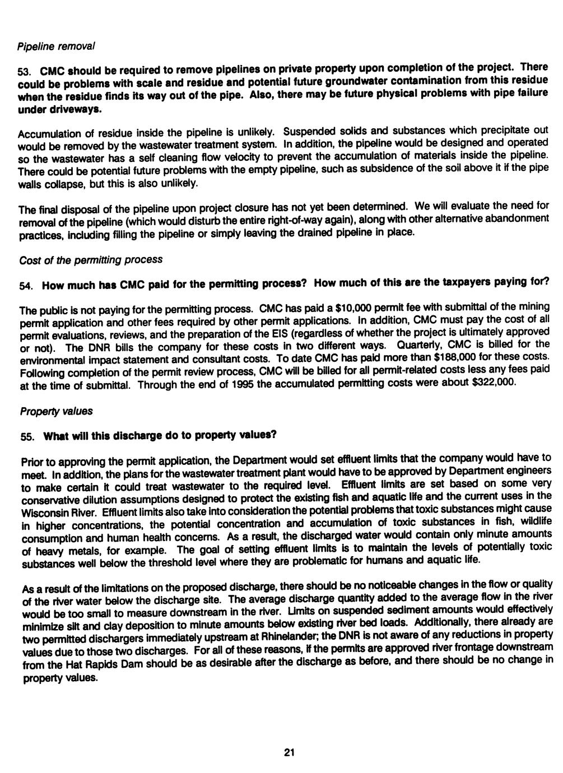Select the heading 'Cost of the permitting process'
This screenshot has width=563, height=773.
pos(91,260)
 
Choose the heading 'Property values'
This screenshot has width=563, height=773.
pos(56,411)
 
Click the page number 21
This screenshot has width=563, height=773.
pos(289,752)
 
